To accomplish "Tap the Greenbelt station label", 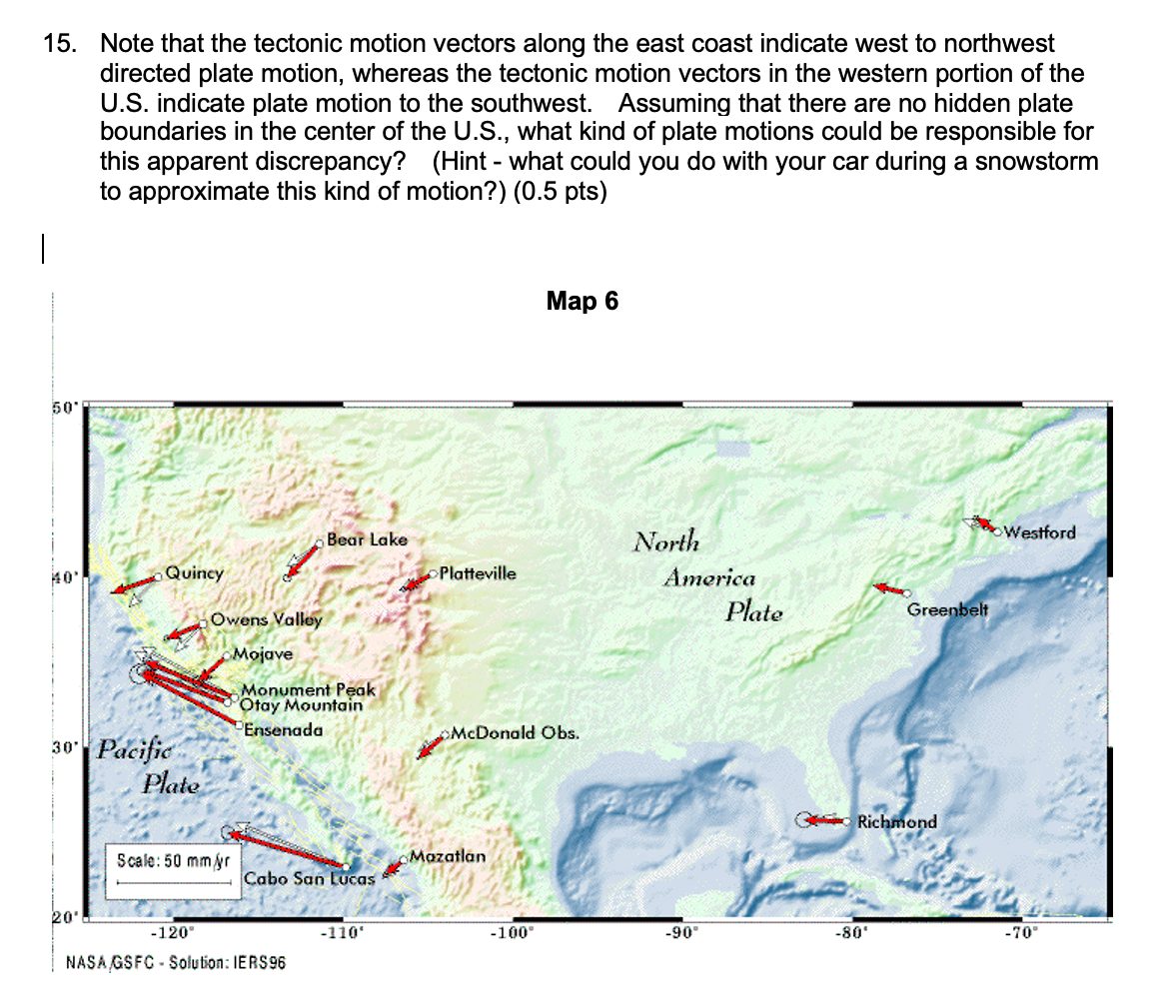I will click(947, 609).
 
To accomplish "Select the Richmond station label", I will click(897, 822).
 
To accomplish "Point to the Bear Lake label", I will click(368, 539).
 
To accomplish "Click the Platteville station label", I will click(478, 573).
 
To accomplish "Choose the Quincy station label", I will click(194, 573).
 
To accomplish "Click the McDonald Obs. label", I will click(516, 732).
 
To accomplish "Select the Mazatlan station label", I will click(448, 856).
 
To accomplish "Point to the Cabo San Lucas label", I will click(310, 879).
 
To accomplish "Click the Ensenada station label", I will click(284, 729).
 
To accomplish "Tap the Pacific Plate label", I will click(150, 764).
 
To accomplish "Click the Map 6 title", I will click(583, 301).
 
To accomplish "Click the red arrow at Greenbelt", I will click(889, 588).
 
